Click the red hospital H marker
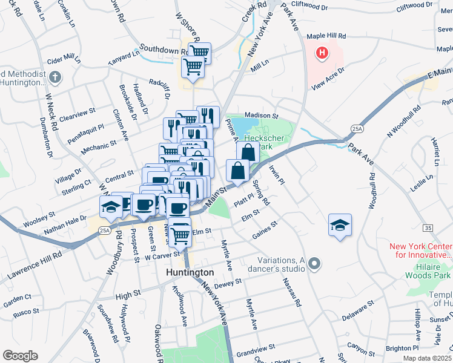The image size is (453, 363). tap(322, 53)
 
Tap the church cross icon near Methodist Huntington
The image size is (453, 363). tap(55, 77)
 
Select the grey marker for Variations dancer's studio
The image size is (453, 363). tap(314, 263)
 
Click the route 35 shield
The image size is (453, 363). tap(428, 227)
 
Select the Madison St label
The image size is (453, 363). tap(261, 115)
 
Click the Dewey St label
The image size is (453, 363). tap(227, 283)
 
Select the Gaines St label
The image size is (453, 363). tap(265, 229)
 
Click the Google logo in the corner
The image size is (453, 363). tap(19, 355)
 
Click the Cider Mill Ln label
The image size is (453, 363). tap(63, 59)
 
